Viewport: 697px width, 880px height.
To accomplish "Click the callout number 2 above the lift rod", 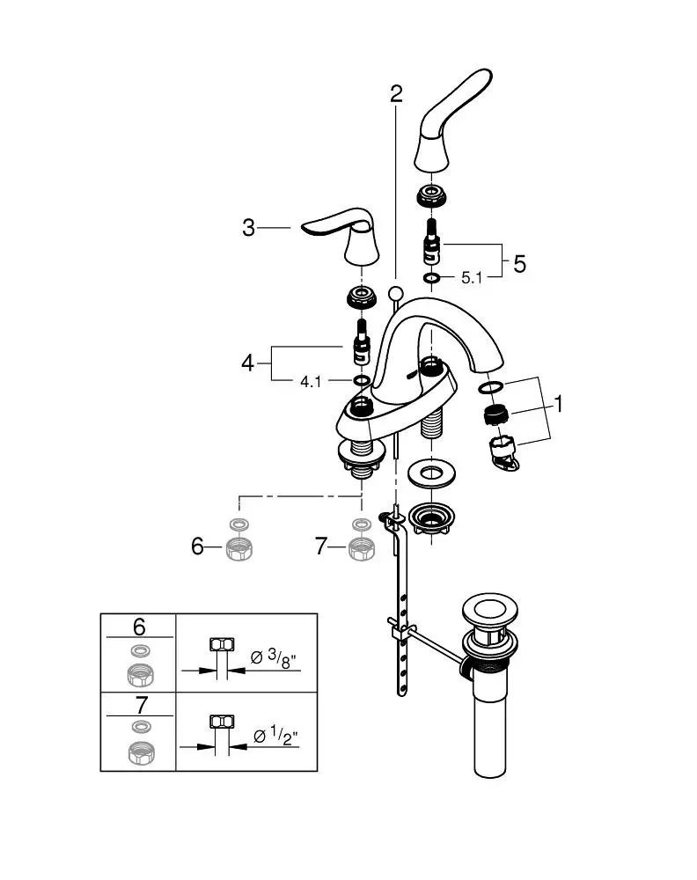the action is click(396, 93).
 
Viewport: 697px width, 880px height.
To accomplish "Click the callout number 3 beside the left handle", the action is click(248, 228).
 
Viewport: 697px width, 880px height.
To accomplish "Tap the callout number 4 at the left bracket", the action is click(247, 363).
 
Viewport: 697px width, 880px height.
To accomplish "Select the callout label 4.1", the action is click(311, 382).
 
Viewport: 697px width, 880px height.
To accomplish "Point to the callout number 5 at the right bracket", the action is click(519, 264).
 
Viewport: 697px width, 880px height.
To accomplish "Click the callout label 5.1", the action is click(472, 278).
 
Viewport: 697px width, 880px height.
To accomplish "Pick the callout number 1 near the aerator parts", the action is click(558, 404).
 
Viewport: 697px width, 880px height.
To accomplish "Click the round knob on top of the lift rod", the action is click(396, 294).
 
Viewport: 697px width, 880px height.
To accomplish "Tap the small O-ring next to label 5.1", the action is click(431, 278).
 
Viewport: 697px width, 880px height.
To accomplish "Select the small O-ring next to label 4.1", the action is click(362, 381).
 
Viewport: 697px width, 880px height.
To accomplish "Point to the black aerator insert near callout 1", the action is click(496, 416).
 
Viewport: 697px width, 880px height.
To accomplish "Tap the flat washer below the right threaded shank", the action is click(431, 475).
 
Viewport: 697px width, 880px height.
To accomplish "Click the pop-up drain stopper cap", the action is click(489, 611).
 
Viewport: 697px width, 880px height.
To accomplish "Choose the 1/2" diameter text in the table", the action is click(275, 736).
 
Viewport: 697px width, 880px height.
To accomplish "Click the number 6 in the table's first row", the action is click(139, 627).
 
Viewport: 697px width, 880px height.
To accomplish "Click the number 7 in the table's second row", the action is click(141, 705).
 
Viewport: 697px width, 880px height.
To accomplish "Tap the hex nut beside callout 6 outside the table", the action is click(239, 548).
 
